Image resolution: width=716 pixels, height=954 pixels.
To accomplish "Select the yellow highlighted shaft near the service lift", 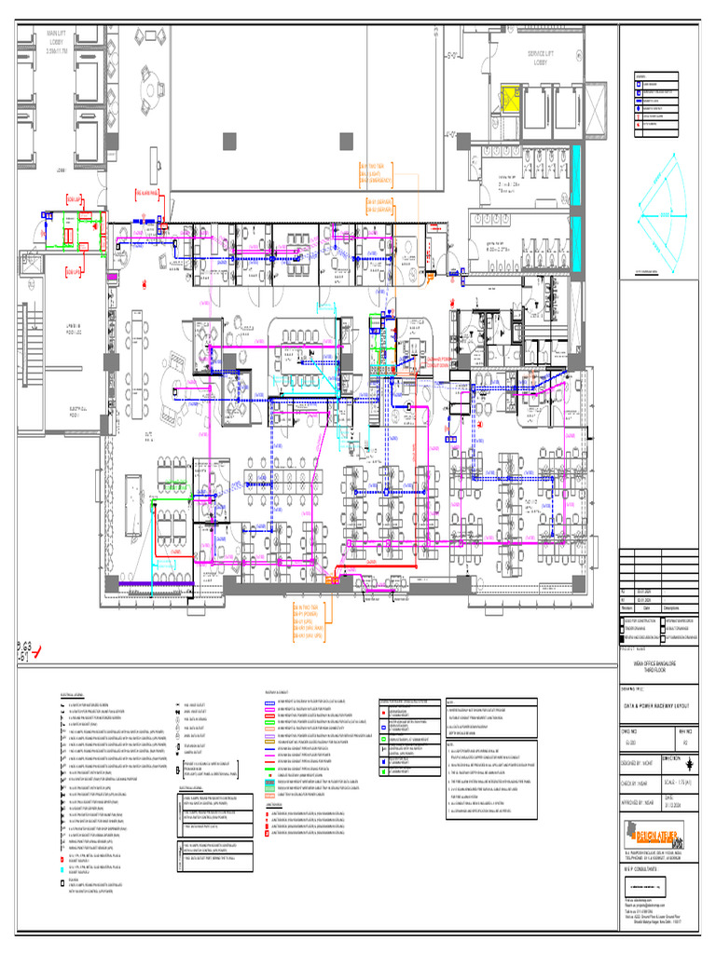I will (x=512, y=101).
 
